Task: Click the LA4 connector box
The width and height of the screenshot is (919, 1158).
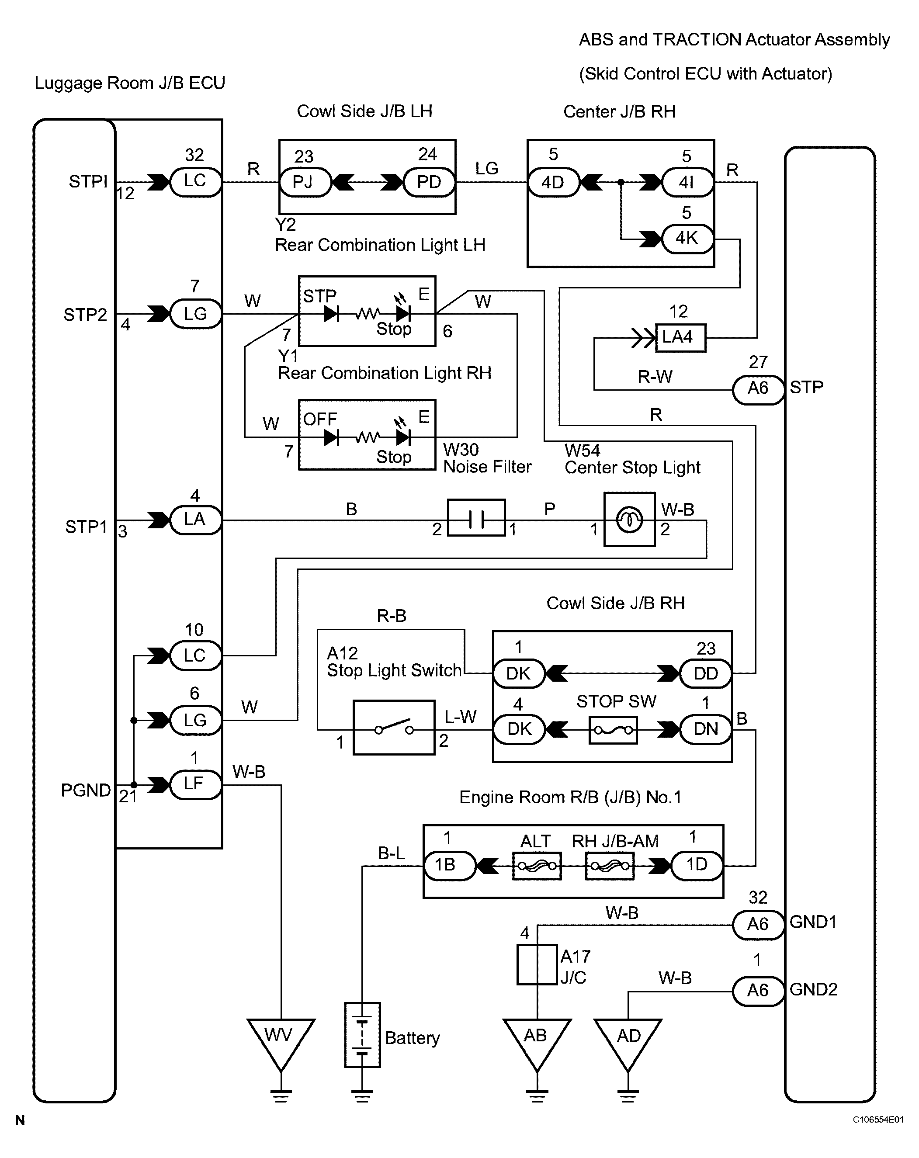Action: click(x=680, y=338)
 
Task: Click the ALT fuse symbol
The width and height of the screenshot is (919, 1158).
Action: click(x=537, y=866)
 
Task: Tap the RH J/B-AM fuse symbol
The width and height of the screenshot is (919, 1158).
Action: click(x=610, y=866)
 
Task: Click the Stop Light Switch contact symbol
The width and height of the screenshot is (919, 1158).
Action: click(x=394, y=728)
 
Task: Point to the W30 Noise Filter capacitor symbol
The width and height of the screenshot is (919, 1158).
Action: click(x=476, y=518)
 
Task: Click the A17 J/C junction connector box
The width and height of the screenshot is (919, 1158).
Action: click(x=537, y=965)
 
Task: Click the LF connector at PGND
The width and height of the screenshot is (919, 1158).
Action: click(x=195, y=785)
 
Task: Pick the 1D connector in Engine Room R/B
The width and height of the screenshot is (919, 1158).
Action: click(x=697, y=865)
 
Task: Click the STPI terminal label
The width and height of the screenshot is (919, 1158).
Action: click(x=88, y=182)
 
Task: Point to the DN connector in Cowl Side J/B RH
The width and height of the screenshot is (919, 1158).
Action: click(x=706, y=729)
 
